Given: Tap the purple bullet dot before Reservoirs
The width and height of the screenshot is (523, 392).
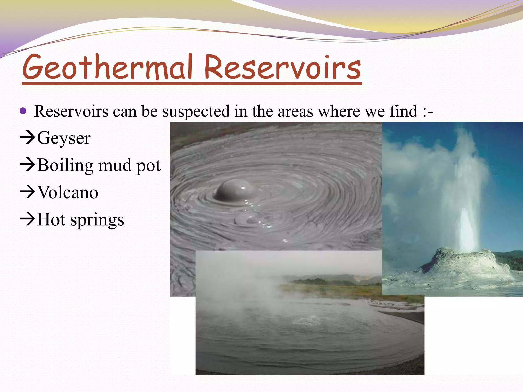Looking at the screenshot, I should (x=23, y=111).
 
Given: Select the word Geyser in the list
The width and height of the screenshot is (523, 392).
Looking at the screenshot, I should (x=64, y=138).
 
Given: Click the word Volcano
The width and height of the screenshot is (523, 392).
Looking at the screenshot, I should (x=68, y=192).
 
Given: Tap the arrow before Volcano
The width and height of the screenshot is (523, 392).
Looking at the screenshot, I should (x=27, y=192).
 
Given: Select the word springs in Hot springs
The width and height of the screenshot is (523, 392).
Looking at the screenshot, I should (x=97, y=220).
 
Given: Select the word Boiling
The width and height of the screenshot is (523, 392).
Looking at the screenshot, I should (x=65, y=165).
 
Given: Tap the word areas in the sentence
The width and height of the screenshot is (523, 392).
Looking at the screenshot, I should (x=295, y=112).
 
